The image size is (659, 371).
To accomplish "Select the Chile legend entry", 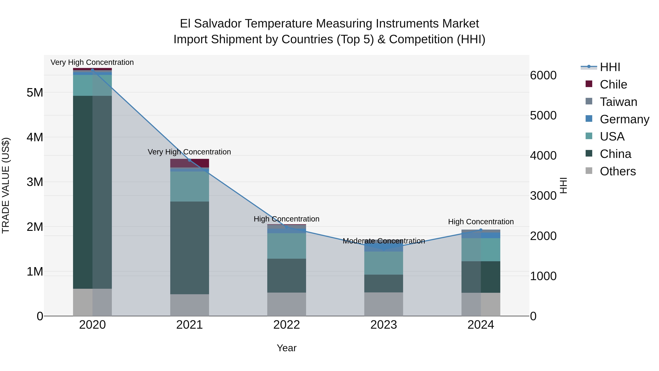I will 613,84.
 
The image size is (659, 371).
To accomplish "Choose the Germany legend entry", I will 624,119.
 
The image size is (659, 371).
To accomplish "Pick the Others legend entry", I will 618,171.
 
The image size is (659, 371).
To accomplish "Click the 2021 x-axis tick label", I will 189,325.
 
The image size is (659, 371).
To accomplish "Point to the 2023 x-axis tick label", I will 384,325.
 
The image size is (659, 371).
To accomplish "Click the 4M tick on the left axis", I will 35,137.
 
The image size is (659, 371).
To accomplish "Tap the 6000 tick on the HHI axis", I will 543,75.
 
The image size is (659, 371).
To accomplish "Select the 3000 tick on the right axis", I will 543,196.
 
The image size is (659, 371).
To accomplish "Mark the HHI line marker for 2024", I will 481,230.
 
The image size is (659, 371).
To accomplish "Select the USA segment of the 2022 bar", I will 286,246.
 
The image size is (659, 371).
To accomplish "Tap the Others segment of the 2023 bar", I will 384,304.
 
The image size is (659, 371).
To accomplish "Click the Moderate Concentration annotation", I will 384,241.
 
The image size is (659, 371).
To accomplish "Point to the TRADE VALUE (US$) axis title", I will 6,185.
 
